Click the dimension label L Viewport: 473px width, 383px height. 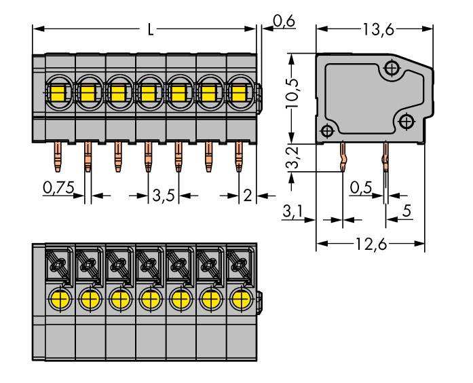coord(150,29)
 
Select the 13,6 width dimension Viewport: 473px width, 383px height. coord(375,29)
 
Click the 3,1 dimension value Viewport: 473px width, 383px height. coord(290,213)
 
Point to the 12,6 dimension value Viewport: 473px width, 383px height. coord(371,244)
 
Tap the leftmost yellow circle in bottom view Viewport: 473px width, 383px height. coord(59,298)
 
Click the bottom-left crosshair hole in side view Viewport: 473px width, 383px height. coord(327,130)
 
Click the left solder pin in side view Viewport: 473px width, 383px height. coord(343,160)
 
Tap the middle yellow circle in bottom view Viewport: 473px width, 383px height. coord(149,298)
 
